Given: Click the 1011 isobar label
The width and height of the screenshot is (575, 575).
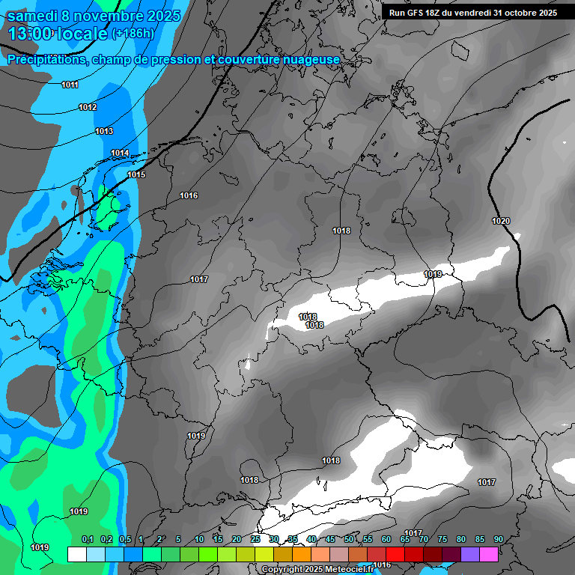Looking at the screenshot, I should click(70, 85).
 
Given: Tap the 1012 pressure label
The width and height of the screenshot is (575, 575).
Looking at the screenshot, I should click(88, 107).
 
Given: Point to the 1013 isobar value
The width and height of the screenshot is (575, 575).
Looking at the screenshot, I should click(104, 131).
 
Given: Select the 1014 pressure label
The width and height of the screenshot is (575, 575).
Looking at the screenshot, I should click(120, 153).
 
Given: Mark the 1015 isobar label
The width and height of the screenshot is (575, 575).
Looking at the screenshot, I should click(136, 174).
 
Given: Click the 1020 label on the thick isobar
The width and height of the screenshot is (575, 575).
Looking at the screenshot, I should click(501, 221).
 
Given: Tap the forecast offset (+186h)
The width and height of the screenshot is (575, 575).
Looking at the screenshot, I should click(133, 34).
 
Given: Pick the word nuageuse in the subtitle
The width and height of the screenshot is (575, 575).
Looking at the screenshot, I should click(308, 59).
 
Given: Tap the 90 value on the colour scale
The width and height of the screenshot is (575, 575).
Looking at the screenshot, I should click(498, 540).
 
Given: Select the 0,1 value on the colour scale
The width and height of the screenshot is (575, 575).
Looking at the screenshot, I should click(88, 540).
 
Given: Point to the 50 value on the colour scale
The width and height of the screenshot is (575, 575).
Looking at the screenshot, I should click(348, 540).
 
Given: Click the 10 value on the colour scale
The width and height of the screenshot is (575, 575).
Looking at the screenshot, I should click(198, 540).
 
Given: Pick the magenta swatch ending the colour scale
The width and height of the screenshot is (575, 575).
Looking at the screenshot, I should click(489, 554).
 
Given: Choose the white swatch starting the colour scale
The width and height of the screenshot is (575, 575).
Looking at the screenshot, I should click(76, 554).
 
